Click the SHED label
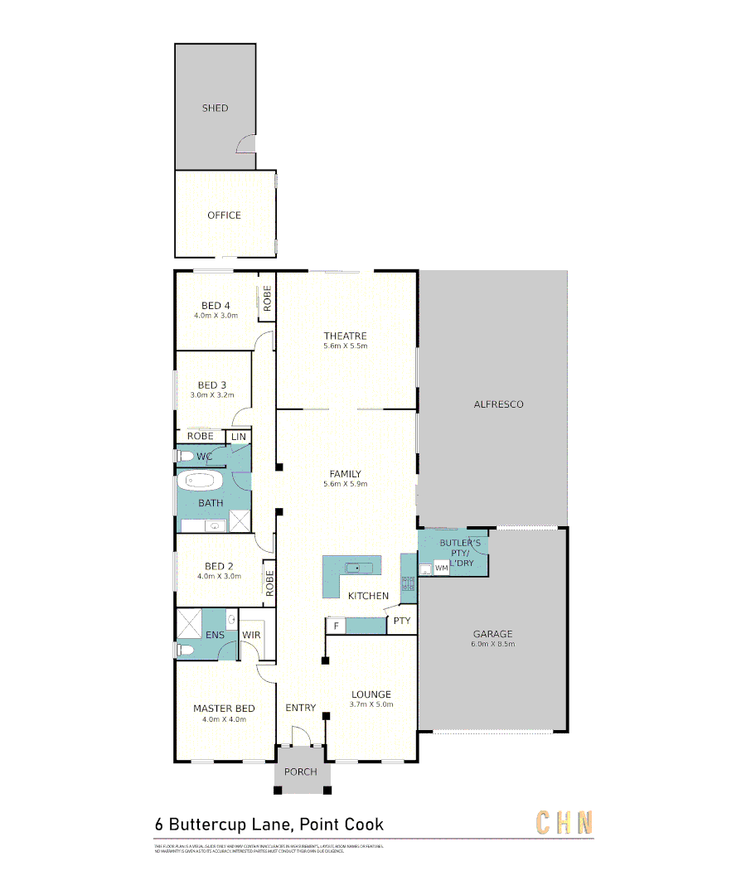[x=215, y=108]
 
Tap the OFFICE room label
[x=224, y=215]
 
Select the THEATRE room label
[x=345, y=336]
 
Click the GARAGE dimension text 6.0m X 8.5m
[x=493, y=644]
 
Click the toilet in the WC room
[x=184, y=456]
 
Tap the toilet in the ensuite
[x=186, y=650]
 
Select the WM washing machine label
[x=441, y=568]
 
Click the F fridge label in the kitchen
[x=337, y=626]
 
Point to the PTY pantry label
[x=402, y=621]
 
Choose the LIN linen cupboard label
[x=239, y=437]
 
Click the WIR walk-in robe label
[x=251, y=635]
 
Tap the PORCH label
[x=300, y=772]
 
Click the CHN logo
[x=564, y=823]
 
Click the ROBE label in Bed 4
[x=267, y=298]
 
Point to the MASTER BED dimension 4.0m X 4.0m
[x=224, y=719]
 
